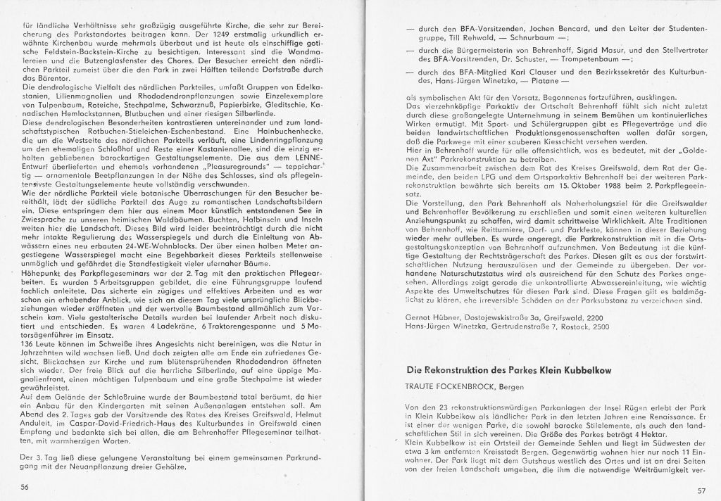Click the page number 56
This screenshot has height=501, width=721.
[x=25, y=486]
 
